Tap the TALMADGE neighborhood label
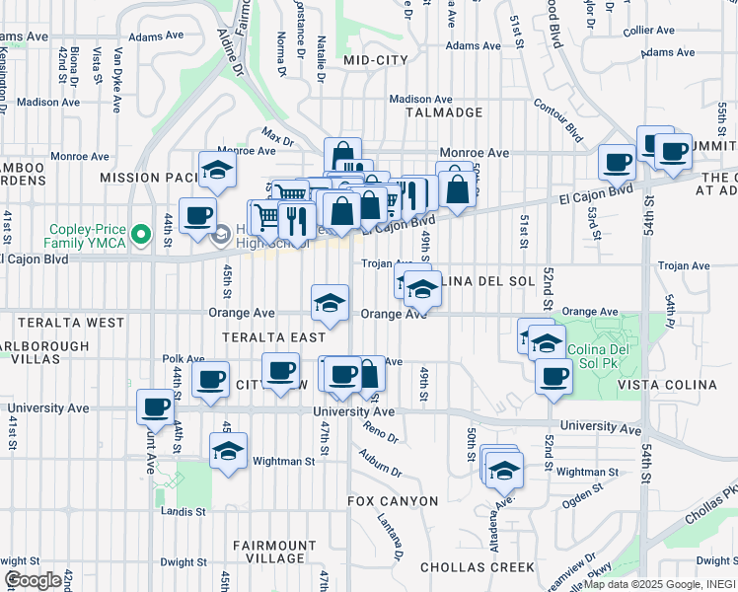coord(444,112)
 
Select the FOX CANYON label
coord(393,501)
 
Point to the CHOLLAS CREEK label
coord(477,567)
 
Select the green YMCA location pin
coord(141,235)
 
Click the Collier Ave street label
coord(648,31)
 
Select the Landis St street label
coord(185,511)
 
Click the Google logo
coord(33,580)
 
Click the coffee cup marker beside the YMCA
coord(197,215)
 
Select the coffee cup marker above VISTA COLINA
coord(554,376)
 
